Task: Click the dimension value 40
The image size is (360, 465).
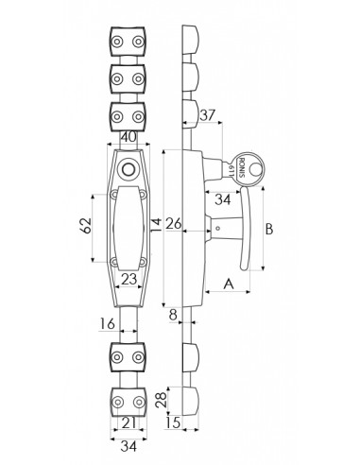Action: (x=129, y=137)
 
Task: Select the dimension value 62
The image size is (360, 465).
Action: (x=86, y=226)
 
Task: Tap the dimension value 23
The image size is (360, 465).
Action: (x=129, y=279)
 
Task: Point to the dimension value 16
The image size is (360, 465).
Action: (x=108, y=323)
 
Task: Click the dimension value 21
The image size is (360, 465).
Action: (x=129, y=423)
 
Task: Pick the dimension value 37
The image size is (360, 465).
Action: (x=208, y=115)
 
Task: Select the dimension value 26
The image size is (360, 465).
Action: (x=174, y=224)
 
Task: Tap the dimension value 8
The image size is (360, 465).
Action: (x=173, y=315)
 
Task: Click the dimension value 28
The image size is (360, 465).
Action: (x=162, y=400)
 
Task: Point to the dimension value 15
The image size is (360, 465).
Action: (x=173, y=422)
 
